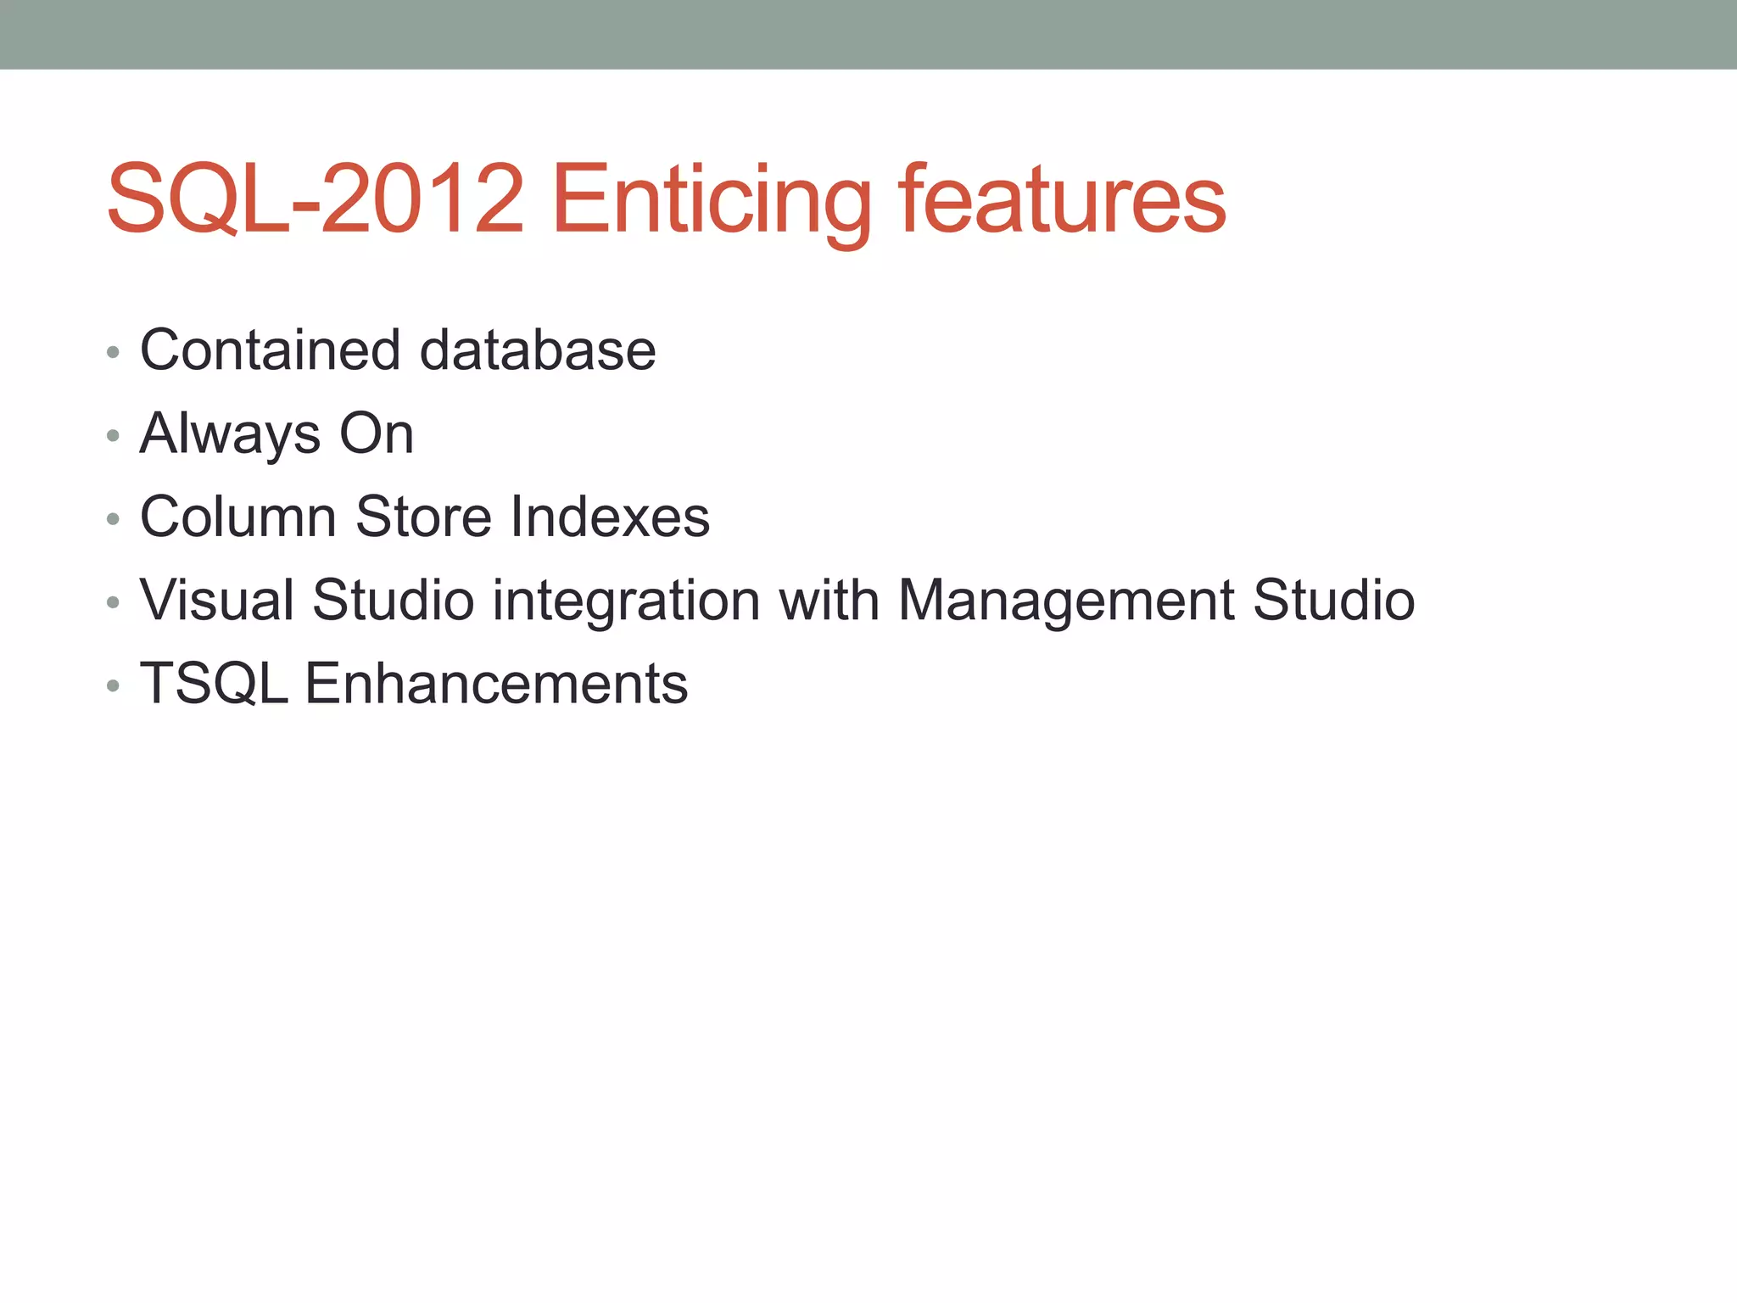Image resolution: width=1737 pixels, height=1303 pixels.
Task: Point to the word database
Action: pyautogui.click(x=538, y=350)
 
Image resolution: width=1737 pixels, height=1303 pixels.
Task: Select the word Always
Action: pyautogui.click(x=230, y=433)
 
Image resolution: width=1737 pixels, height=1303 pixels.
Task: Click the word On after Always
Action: pyautogui.click(x=377, y=433)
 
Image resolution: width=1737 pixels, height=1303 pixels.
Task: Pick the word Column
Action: pyautogui.click(x=238, y=517)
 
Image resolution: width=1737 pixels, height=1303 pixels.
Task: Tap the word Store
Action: pyautogui.click(x=423, y=517)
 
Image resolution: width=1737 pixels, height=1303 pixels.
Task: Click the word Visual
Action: pyautogui.click(x=216, y=600)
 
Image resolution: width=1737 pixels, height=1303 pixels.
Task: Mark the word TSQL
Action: pyautogui.click(x=214, y=684)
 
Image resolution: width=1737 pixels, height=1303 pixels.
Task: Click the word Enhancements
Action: pyautogui.click(x=496, y=684)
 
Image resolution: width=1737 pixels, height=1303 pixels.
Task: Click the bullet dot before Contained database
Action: pyautogui.click(x=113, y=352)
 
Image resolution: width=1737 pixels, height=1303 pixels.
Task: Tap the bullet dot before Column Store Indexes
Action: pyautogui.click(x=113, y=519)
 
